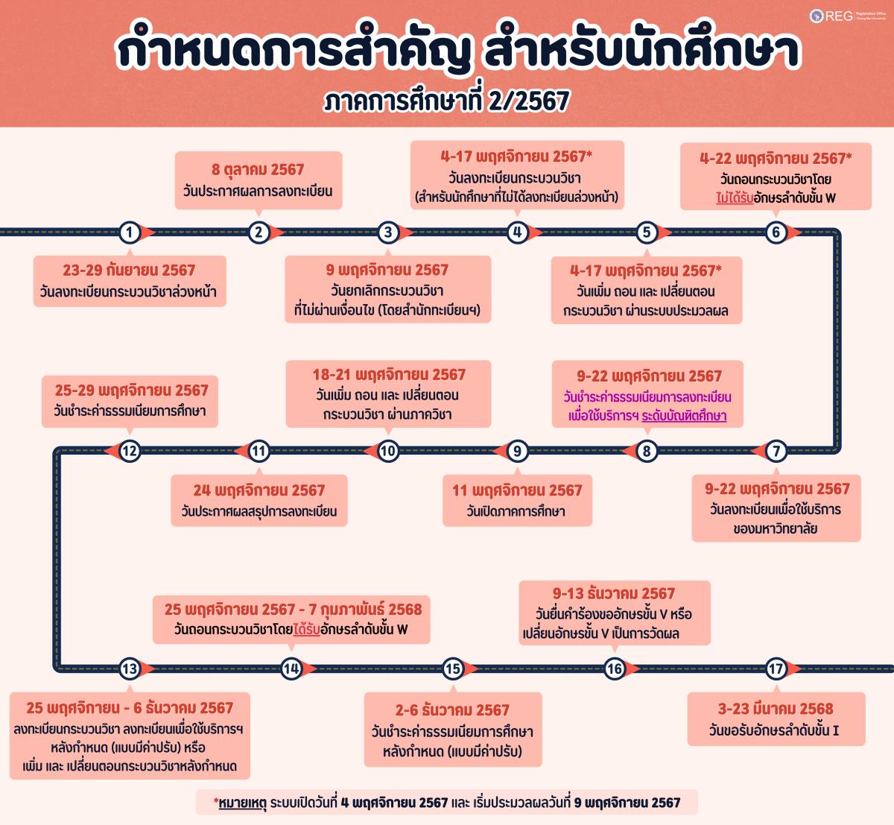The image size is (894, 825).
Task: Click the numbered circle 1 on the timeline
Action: click(x=130, y=233)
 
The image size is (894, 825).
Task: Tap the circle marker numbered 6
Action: click(x=776, y=233)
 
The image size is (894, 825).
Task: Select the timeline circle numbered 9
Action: click(x=517, y=451)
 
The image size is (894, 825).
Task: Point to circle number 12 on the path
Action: click(x=130, y=451)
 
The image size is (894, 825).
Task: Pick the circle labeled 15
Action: click(x=453, y=668)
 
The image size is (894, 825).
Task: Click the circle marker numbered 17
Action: click(x=776, y=668)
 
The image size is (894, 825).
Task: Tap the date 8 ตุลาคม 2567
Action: click(x=258, y=170)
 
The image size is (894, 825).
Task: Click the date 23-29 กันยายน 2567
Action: click(x=129, y=271)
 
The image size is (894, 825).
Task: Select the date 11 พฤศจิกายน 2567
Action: click(x=517, y=490)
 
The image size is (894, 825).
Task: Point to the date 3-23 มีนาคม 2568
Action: click(x=776, y=709)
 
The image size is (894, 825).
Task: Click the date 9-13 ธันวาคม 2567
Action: click(x=614, y=593)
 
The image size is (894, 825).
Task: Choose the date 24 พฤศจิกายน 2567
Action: click(x=259, y=490)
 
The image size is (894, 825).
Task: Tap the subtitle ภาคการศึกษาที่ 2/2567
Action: click(x=446, y=101)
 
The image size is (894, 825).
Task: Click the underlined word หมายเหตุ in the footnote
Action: click(x=243, y=802)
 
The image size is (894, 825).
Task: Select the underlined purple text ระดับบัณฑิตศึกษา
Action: click(x=684, y=416)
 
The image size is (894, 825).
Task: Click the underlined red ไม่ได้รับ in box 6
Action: click(x=735, y=197)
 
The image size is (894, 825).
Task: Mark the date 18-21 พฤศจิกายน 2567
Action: click(x=389, y=375)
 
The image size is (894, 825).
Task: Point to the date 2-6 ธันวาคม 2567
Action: click(x=452, y=710)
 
